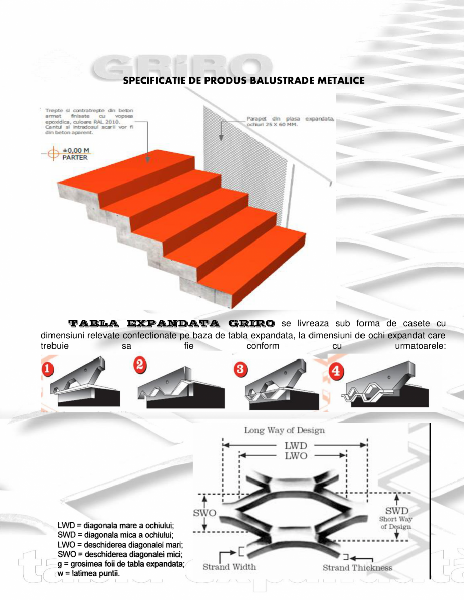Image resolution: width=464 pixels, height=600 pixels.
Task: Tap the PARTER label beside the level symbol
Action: click(75, 157)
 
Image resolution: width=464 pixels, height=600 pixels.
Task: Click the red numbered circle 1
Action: click(47, 368)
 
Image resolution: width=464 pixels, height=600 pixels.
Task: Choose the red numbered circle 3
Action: click(241, 368)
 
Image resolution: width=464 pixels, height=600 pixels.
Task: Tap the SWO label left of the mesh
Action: click(205, 513)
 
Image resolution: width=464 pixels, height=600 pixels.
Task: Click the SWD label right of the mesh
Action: click(397, 511)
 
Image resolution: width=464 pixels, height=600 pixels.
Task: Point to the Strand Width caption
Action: click(229, 567)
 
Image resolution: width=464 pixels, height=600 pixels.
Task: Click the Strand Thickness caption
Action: click(357, 568)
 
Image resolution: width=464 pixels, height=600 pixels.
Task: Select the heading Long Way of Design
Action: click(284, 430)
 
